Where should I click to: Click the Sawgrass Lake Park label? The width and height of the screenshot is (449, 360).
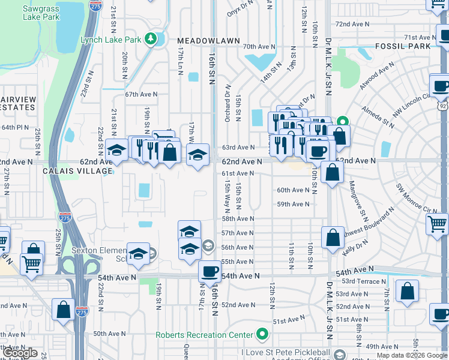tap(41, 13)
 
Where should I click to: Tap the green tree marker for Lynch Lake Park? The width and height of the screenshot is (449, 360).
tap(152, 40)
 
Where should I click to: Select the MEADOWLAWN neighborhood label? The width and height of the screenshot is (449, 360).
tap(208, 41)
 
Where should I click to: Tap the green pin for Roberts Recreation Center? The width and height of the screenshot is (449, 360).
tap(262, 334)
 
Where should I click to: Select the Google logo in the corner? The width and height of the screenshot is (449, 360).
tap(20, 353)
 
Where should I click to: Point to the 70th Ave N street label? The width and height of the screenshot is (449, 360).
tap(259, 46)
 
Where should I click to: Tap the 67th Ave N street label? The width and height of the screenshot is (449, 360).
tap(140, 94)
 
